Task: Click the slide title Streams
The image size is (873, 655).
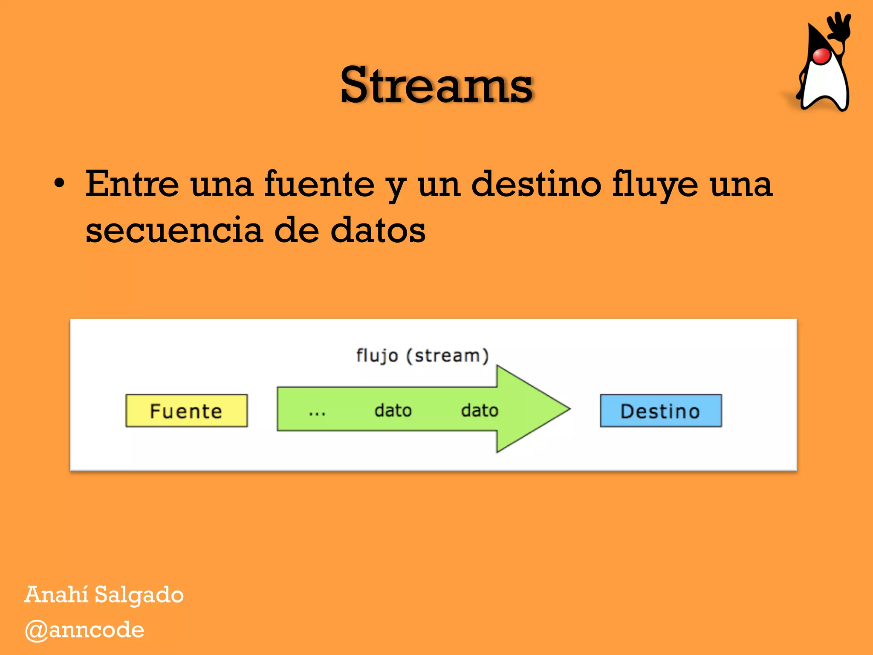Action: (x=436, y=85)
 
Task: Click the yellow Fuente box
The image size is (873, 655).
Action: (x=186, y=411)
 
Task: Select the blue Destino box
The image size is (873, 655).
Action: (x=660, y=411)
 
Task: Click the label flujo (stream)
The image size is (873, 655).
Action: (x=422, y=355)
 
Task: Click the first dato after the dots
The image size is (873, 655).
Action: (x=393, y=410)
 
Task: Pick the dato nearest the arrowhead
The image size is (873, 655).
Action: (x=480, y=410)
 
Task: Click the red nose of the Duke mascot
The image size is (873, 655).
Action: (x=821, y=56)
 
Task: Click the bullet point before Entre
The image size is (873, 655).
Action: (x=59, y=184)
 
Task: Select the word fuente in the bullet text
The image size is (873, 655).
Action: (x=319, y=184)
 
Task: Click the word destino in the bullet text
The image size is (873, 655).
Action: (x=536, y=184)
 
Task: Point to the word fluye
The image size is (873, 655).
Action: (x=655, y=184)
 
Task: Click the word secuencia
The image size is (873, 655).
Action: (x=173, y=230)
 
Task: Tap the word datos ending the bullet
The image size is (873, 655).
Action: (x=378, y=230)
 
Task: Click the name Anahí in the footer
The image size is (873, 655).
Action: (x=56, y=594)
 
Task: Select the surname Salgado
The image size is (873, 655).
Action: (x=139, y=595)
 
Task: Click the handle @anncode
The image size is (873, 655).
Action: (x=84, y=630)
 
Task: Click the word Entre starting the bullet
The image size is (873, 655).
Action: (x=132, y=184)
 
